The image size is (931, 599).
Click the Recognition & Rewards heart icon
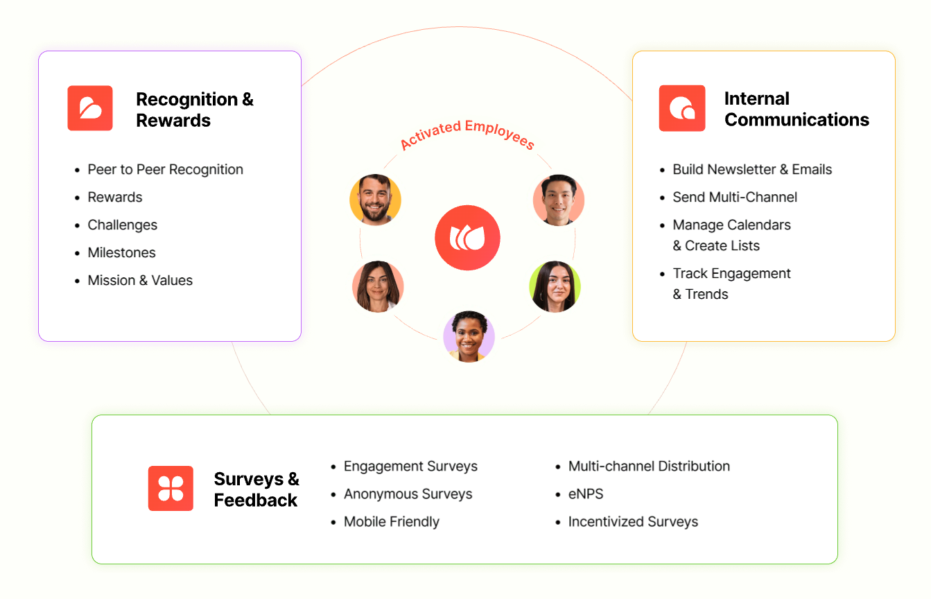tap(90, 108)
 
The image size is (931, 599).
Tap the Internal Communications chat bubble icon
tap(682, 108)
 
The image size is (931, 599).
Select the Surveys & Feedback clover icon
tap(171, 489)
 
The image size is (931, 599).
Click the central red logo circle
tap(467, 238)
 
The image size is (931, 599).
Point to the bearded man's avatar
tap(375, 200)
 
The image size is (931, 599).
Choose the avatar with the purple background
tap(469, 336)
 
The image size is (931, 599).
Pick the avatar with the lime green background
tap(555, 286)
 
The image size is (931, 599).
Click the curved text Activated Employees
tap(467, 134)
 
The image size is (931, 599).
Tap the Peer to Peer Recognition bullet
tap(165, 170)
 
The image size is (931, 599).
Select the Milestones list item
tap(121, 253)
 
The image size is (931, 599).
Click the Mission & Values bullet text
tap(140, 281)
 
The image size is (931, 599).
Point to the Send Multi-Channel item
tap(735, 198)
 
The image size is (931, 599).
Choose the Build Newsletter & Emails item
tap(752, 170)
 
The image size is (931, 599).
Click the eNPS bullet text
tap(586, 494)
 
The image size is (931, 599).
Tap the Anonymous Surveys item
tap(408, 494)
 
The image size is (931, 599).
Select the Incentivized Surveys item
tap(633, 522)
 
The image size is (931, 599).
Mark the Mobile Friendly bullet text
tap(392, 522)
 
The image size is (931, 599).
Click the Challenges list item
tap(122, 225)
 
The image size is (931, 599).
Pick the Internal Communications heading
tap(796, 110)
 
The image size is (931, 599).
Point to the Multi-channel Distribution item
tap(649, 467)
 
